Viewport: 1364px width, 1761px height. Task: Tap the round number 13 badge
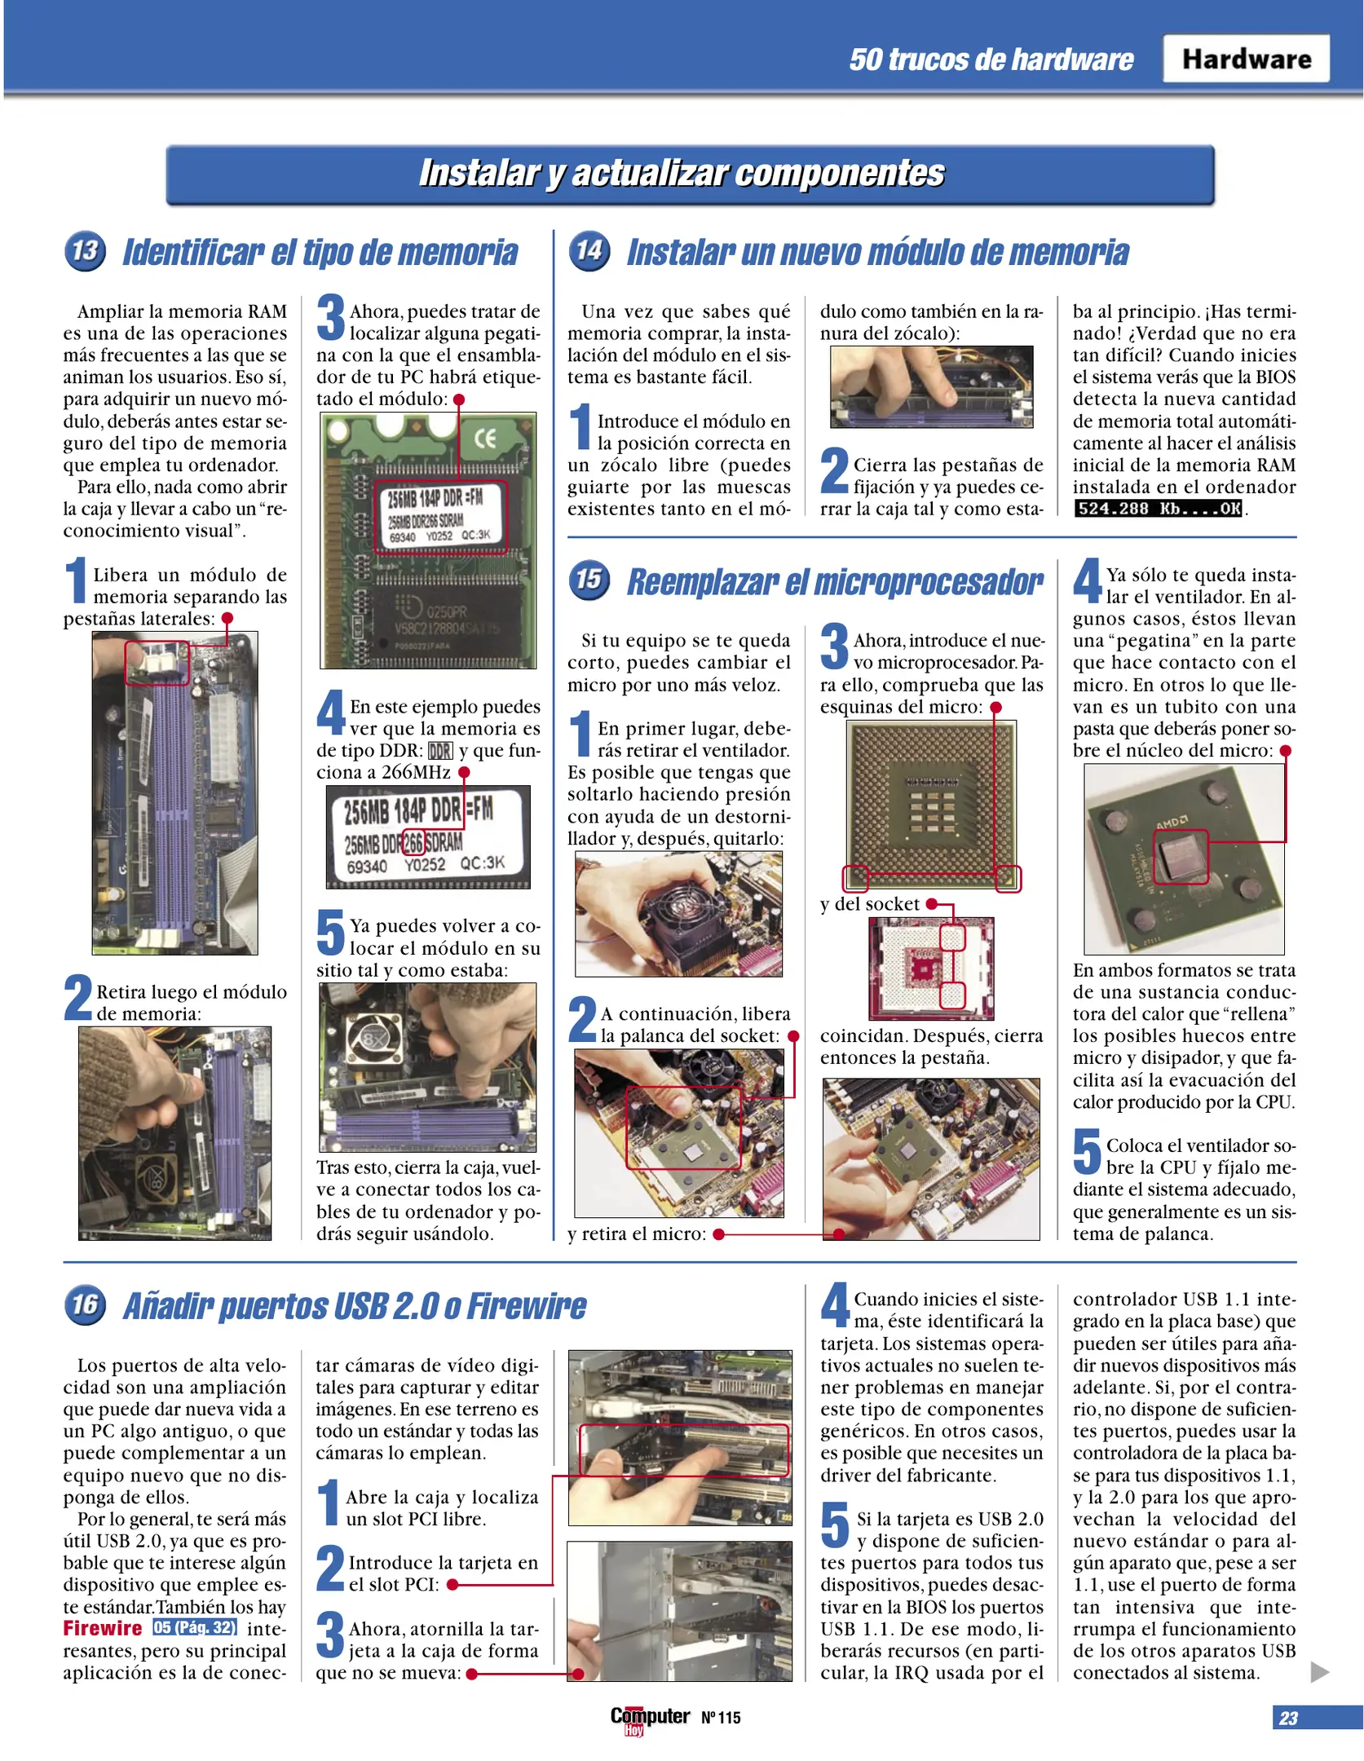[85, 250]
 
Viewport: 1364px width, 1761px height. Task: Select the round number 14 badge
[589, 250]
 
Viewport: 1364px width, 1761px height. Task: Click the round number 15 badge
[589, 580]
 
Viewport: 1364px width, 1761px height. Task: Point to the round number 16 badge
[85, 1304]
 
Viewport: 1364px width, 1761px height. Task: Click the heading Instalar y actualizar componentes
[681, 173]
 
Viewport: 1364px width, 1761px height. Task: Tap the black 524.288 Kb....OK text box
[1159, 509]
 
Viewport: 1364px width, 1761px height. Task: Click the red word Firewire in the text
[103, 1628]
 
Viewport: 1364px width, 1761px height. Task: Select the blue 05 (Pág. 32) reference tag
[195, 1627]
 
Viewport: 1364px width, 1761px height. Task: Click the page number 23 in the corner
[1288, 1718]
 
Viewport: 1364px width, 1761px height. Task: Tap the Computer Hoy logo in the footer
[649, 1718]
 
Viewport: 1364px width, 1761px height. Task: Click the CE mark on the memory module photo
[485, 439]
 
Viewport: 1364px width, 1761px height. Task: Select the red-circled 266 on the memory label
[413, 841]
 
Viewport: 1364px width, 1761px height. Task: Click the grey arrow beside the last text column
[1318, 1672]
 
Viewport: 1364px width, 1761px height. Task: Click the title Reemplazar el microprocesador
[834, 582]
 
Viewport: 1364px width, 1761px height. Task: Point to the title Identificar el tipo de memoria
[320, 252]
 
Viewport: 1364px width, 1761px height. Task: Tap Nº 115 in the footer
[721, 1718]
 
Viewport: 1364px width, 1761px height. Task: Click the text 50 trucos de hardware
[991, 60]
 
